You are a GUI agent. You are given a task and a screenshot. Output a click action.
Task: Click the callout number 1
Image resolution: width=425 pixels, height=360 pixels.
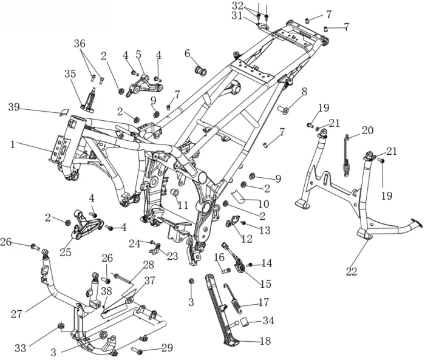(12, 144)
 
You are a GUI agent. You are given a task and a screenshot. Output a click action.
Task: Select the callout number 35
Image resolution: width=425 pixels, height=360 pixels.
(70, 74)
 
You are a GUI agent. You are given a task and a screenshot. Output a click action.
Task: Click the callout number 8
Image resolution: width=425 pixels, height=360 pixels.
(304, 91)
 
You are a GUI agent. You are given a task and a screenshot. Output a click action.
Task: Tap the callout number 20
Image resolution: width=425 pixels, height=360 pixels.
(368, 130)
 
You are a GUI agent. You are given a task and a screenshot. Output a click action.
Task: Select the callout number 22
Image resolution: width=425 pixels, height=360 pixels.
(352, 273)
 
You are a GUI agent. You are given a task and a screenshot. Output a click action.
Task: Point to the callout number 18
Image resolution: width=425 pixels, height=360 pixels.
(265, 342)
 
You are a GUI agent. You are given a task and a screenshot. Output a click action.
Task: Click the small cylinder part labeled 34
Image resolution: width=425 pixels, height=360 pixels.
(240, 322)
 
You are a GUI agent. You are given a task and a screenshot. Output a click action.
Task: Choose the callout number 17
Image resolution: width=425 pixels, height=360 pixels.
(263, 301)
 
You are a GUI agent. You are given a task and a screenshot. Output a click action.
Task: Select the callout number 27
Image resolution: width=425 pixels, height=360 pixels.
(16, 314)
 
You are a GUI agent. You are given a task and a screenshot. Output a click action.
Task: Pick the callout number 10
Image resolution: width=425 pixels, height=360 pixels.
(265, 205)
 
